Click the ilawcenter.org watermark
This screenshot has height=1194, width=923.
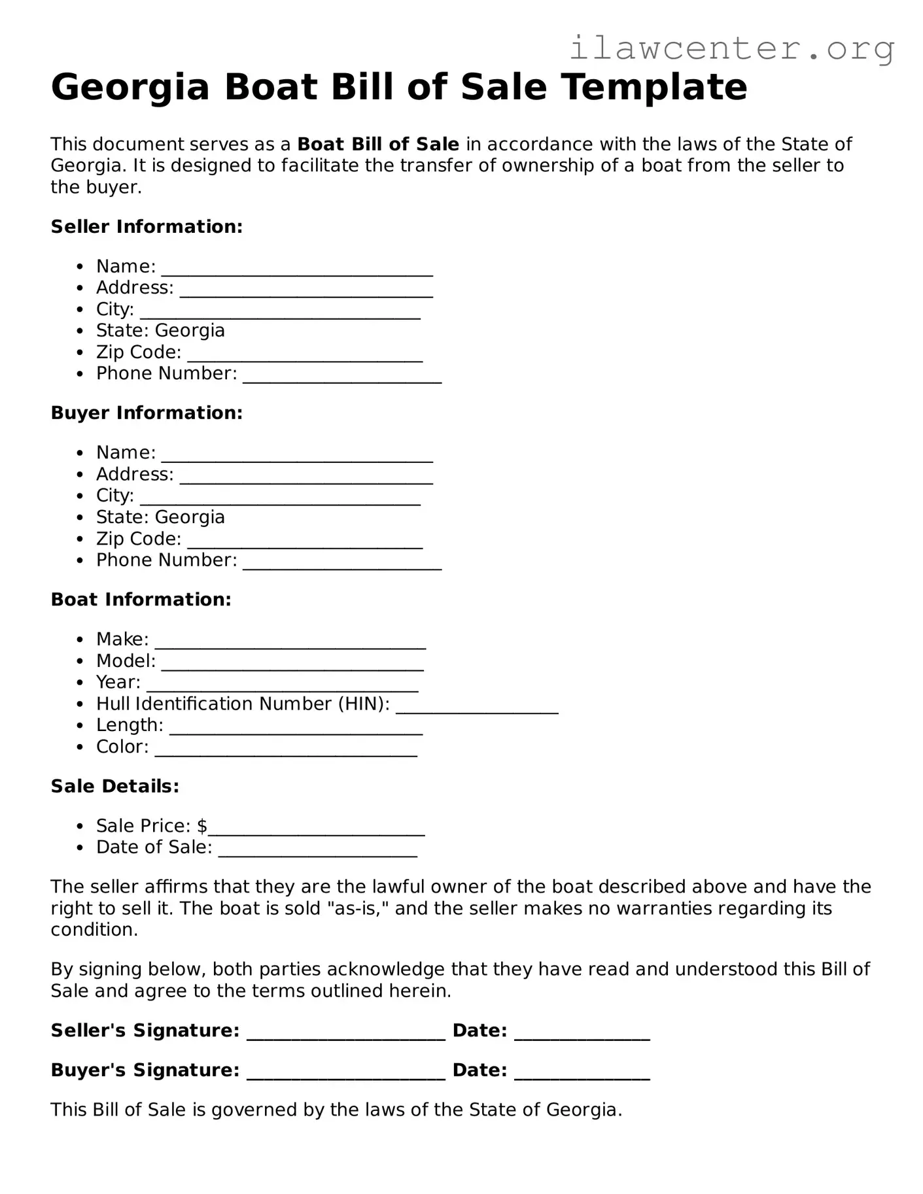731,48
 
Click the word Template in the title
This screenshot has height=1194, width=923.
654,87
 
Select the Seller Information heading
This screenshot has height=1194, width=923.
147,227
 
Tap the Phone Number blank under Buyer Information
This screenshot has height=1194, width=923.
342,563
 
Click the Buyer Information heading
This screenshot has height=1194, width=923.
147,413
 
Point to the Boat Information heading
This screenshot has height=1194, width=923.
141,600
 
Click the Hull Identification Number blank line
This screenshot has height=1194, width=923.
477,707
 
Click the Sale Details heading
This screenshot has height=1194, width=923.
114,786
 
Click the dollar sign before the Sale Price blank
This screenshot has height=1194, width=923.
202,827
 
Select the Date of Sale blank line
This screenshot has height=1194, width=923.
317,850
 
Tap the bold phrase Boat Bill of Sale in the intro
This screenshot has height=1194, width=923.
378,145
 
